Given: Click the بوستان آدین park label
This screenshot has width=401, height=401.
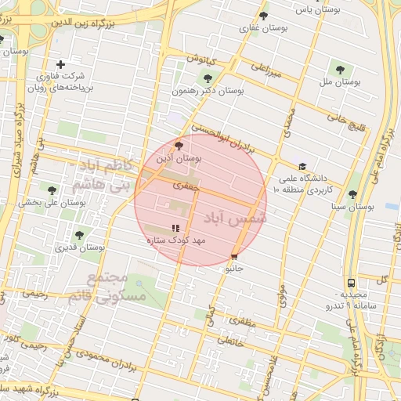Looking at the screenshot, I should click(x=179, y=158).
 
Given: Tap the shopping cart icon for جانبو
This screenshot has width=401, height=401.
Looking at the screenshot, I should click(x=234, y=257).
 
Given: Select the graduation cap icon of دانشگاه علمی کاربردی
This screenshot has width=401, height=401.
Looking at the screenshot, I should click(x=302, y=166).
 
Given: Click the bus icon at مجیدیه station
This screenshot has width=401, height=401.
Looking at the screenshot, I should click(x=350, y=282).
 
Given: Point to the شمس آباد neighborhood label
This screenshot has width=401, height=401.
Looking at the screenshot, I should click(x=236, y=219).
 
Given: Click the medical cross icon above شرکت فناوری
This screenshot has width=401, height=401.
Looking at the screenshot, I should click(x=60, y=64).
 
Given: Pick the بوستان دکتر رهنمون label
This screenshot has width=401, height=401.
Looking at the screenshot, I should click(x=208, y=90).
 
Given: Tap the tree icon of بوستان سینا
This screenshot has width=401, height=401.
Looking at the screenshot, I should click(x=352, y=194).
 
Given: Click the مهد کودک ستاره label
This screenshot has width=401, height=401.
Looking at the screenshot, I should click(x=175, y=240).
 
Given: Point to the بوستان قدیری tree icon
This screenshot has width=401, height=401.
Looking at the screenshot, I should click(x=78, y=235).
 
